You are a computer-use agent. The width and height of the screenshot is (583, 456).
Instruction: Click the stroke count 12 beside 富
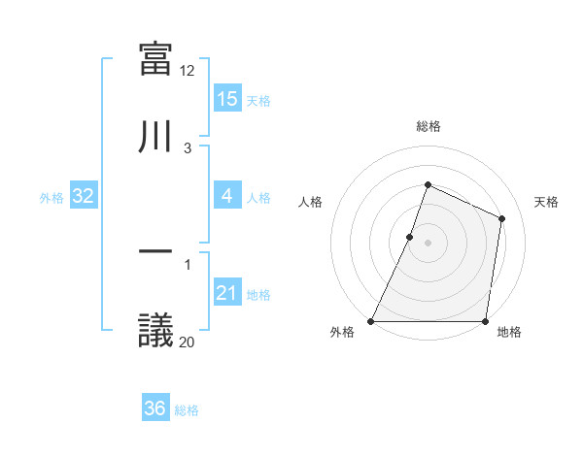click(x=188, y=71)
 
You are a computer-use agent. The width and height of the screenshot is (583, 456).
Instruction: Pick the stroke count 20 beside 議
click(x=188, y=342)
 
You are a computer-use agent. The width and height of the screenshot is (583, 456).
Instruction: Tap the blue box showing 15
click(x=226, y=98)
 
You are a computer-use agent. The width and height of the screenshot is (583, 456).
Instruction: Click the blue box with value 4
click(x=226, y=196)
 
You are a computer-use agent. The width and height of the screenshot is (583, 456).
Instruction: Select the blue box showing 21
click(x=226, y=293)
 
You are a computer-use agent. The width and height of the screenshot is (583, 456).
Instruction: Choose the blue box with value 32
click(x=84, y=196)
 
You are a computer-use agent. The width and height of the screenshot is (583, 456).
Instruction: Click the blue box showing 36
click(x=154, y=408)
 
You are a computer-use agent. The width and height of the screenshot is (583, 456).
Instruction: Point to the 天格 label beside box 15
click(x=258, y=100)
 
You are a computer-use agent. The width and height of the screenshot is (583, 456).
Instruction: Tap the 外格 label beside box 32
click(x=51, y=197)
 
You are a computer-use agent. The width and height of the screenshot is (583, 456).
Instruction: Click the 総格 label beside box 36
click(x=187, y=410)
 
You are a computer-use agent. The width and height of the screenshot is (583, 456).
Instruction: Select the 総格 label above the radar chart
click(x=428, y=126)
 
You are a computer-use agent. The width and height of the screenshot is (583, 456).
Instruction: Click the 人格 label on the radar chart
click(x=310, y=202)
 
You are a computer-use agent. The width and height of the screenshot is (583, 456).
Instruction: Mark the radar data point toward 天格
click(x=502, y=218)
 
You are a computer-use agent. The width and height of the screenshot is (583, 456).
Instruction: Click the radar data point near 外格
click(x=371, y=321)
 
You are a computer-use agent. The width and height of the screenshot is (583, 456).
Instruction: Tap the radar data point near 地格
click(x=485, y=321)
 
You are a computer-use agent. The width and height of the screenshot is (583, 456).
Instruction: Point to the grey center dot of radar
click(x=428, y=243)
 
